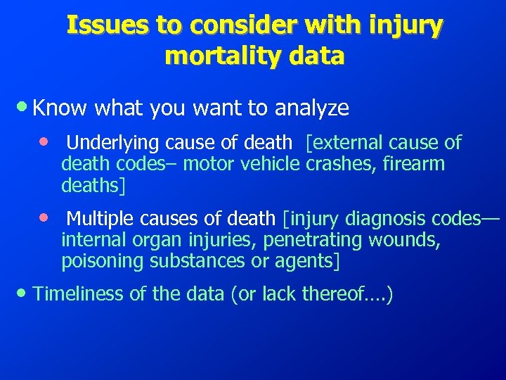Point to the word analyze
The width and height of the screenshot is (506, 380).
pos(312,108)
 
